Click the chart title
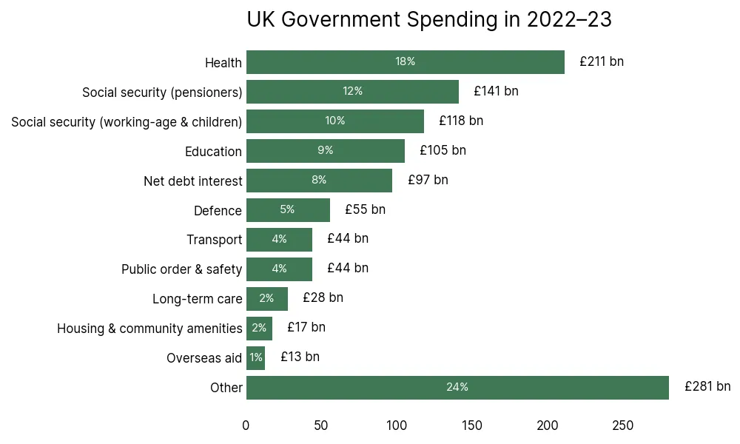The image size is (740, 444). [x=429, y=20]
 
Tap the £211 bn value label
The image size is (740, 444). [x=602, y=61]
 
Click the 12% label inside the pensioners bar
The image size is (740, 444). [x=352, y=91]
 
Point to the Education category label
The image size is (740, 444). [x=213, y=152]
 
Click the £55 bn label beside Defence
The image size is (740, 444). [x=365, y=209]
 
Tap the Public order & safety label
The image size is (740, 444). [x=181, y=269]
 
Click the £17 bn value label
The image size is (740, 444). [x=306, y=327]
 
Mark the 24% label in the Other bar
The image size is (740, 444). [x=457, y=387]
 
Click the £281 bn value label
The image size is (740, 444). [x=707, y=386]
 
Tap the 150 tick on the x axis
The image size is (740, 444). [x=472, y=425]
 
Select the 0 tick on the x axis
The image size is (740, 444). [x=246, y=425]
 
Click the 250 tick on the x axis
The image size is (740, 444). [x=623, y=425]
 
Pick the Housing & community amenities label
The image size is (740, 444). [x=149, y=329]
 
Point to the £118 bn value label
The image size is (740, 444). [x=461, y=121]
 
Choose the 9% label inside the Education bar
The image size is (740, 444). [x=326, y=150]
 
